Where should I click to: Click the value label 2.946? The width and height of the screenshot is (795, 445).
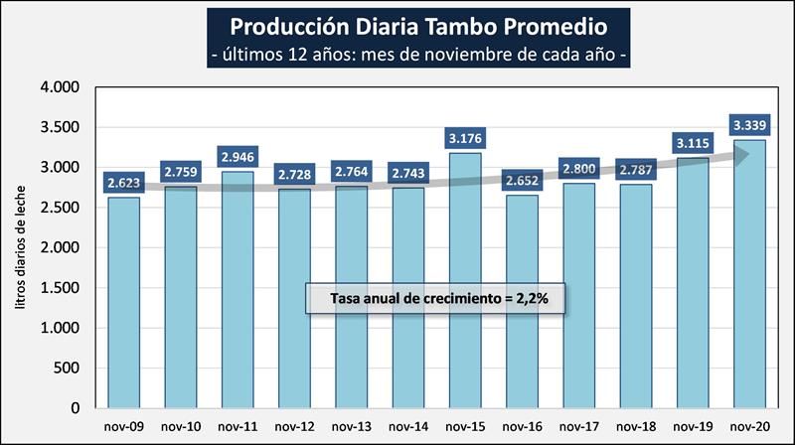point(238,157)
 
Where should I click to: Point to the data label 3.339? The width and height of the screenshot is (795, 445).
point(749,125)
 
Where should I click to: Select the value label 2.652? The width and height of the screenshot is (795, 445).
point(522,181)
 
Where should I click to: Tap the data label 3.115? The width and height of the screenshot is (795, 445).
point(693,143)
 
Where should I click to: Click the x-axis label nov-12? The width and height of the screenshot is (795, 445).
point(294,427)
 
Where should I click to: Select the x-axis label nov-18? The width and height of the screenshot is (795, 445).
point(636,427)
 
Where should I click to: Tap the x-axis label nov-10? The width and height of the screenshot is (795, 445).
point(181,427)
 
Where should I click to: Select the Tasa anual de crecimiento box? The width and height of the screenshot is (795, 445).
point(435,298)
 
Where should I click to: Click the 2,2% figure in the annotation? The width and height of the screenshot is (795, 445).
point(533,298)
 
